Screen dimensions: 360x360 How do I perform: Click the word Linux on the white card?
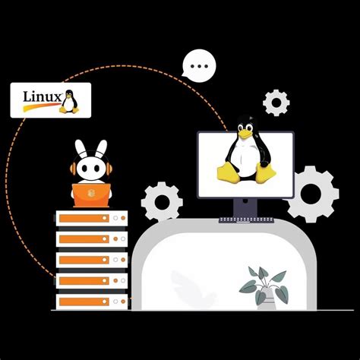[x=40, y=96]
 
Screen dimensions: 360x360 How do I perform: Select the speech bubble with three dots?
[x=199, y=66]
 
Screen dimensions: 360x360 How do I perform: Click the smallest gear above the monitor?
[x=276, y=102]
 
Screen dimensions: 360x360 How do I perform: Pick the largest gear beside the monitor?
[x=312, y=194]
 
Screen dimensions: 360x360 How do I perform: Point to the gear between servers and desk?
[x=162, y=201]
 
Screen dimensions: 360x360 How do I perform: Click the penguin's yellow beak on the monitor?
[x=244, y=134]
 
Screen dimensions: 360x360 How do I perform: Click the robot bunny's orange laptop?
[x=92, y=194]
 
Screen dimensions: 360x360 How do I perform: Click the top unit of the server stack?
[x=91, y=219]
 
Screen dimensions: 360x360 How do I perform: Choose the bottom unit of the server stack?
[x=91, y=301]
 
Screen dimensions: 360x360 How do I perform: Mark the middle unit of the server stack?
[x=91, y=260]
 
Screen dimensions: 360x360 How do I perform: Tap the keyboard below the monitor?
[x=245, y=220]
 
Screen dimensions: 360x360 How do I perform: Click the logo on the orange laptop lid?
[x=92, y=194]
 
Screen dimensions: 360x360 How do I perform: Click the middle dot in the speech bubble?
[x=199, y=65]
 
